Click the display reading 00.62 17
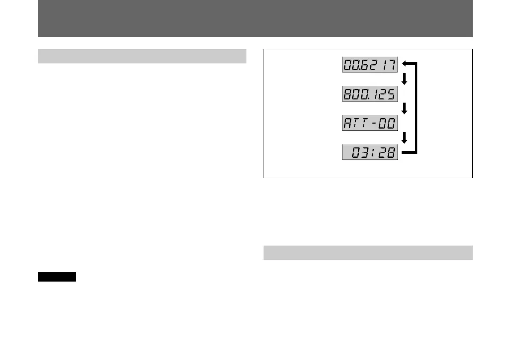(370, 65)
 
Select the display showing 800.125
(370, 94)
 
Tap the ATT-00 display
(370, 123)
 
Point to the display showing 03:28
(370, 153)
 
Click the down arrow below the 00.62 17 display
(404, 80)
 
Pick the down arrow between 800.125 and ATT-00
(404, 109)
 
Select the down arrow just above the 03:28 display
(404, 138)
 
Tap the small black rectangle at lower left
(57, 276)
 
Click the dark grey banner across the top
(255, 18)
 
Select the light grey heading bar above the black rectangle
(142, 56)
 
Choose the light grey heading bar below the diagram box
(368, 253)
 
